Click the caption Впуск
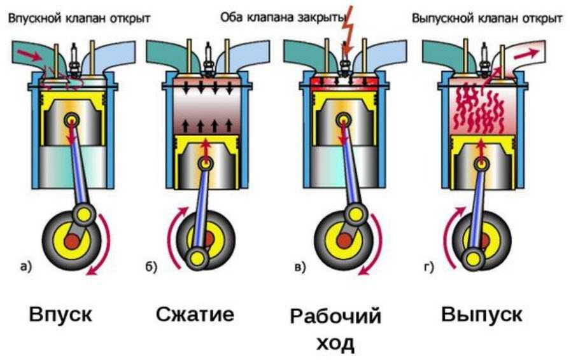coord(60,314)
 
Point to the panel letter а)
coord(25,267)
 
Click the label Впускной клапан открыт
coord(80,17)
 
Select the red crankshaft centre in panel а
coord(71,242)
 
